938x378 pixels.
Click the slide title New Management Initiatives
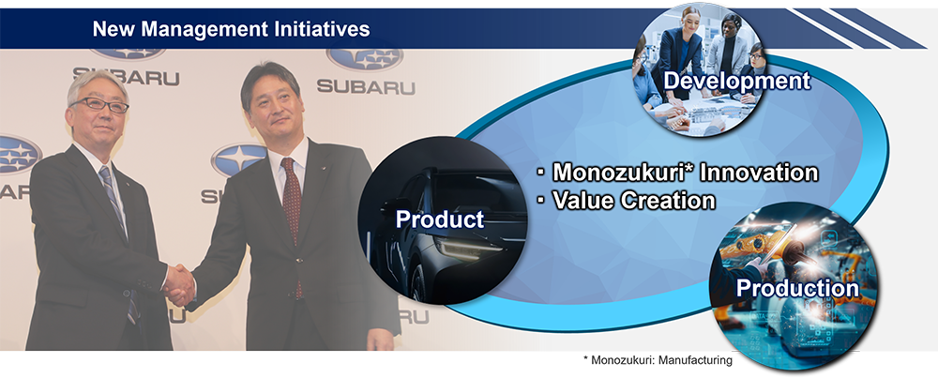[x=232, y=28]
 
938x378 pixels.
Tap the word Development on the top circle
[x=736, y=81]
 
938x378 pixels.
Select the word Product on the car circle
[x=440, y=219]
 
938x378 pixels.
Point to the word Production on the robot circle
[x=797, y=288]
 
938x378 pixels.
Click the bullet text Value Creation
[x=633, y=201]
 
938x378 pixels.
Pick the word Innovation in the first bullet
[x=759, y=173]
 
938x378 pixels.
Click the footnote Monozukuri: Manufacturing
[x=658, y=360]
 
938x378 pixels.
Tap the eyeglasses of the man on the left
[x=99, y=106]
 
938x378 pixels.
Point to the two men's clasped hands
[x=179, y=285]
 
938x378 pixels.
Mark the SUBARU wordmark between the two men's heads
[x=127, y=77]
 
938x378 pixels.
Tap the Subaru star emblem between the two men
[x=238, y=159]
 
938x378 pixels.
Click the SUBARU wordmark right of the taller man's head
[x=366, y=85]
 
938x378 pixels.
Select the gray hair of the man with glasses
[x=96, y=84]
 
